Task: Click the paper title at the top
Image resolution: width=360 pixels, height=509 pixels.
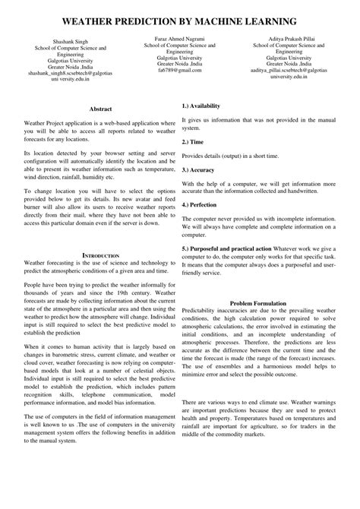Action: coord(180,16)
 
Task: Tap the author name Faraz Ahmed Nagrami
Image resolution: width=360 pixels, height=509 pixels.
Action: coord(179,36)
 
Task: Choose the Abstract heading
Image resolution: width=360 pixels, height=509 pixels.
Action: coord(100,109)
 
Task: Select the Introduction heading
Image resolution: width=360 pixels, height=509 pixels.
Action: coord(100,254)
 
